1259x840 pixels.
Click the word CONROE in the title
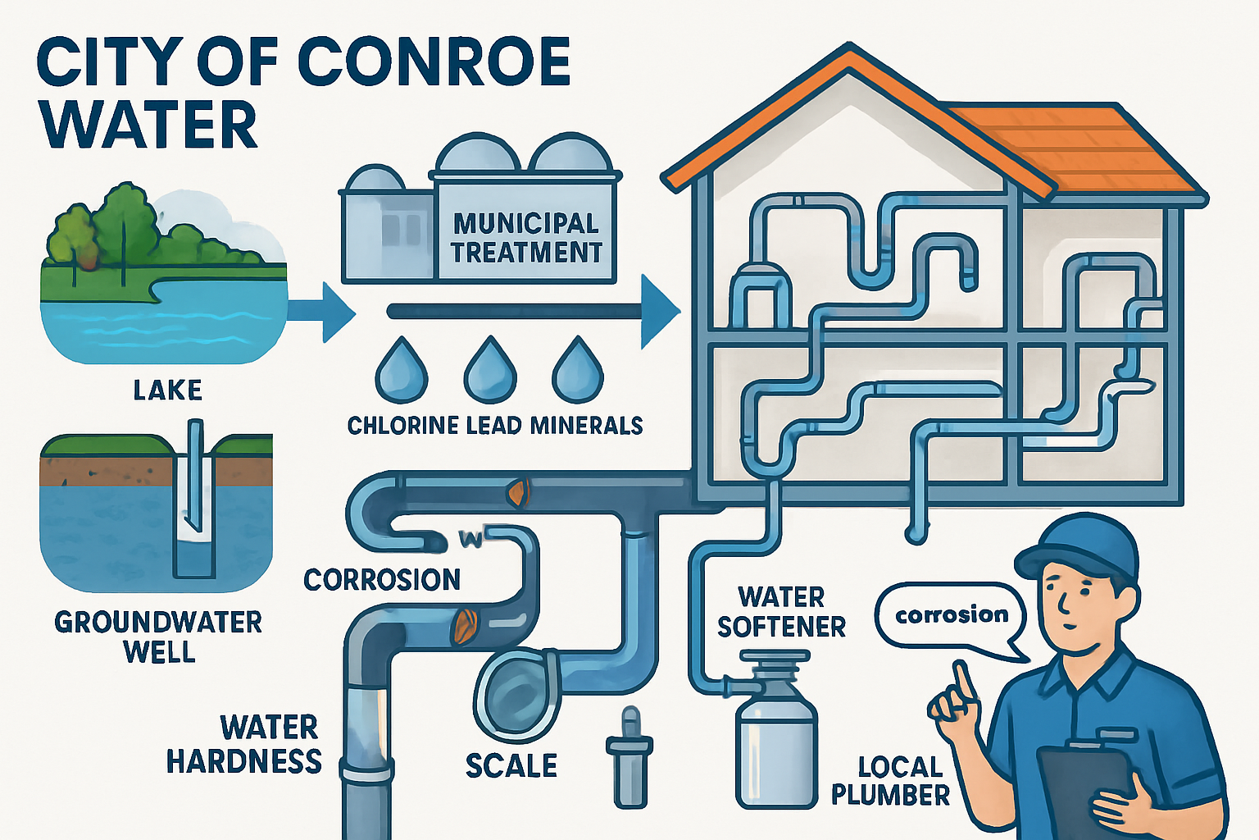click(434, 62)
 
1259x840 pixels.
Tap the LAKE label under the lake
click(168, 390)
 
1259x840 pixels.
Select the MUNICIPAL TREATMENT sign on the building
click(527, 238)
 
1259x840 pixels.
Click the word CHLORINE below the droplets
click(402, 425)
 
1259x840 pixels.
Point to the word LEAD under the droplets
click(493, 425)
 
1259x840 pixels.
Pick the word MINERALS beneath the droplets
click(586, 425)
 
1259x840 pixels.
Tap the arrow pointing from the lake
click(324, 312)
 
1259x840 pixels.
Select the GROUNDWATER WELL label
click(158, 637)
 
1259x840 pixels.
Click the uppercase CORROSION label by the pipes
click(382, 580)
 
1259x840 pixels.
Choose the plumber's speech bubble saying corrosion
click(951, 615)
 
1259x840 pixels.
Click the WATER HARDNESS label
click(246, 744)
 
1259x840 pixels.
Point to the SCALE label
click(511, 765)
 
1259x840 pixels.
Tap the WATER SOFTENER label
click(781, 611)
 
